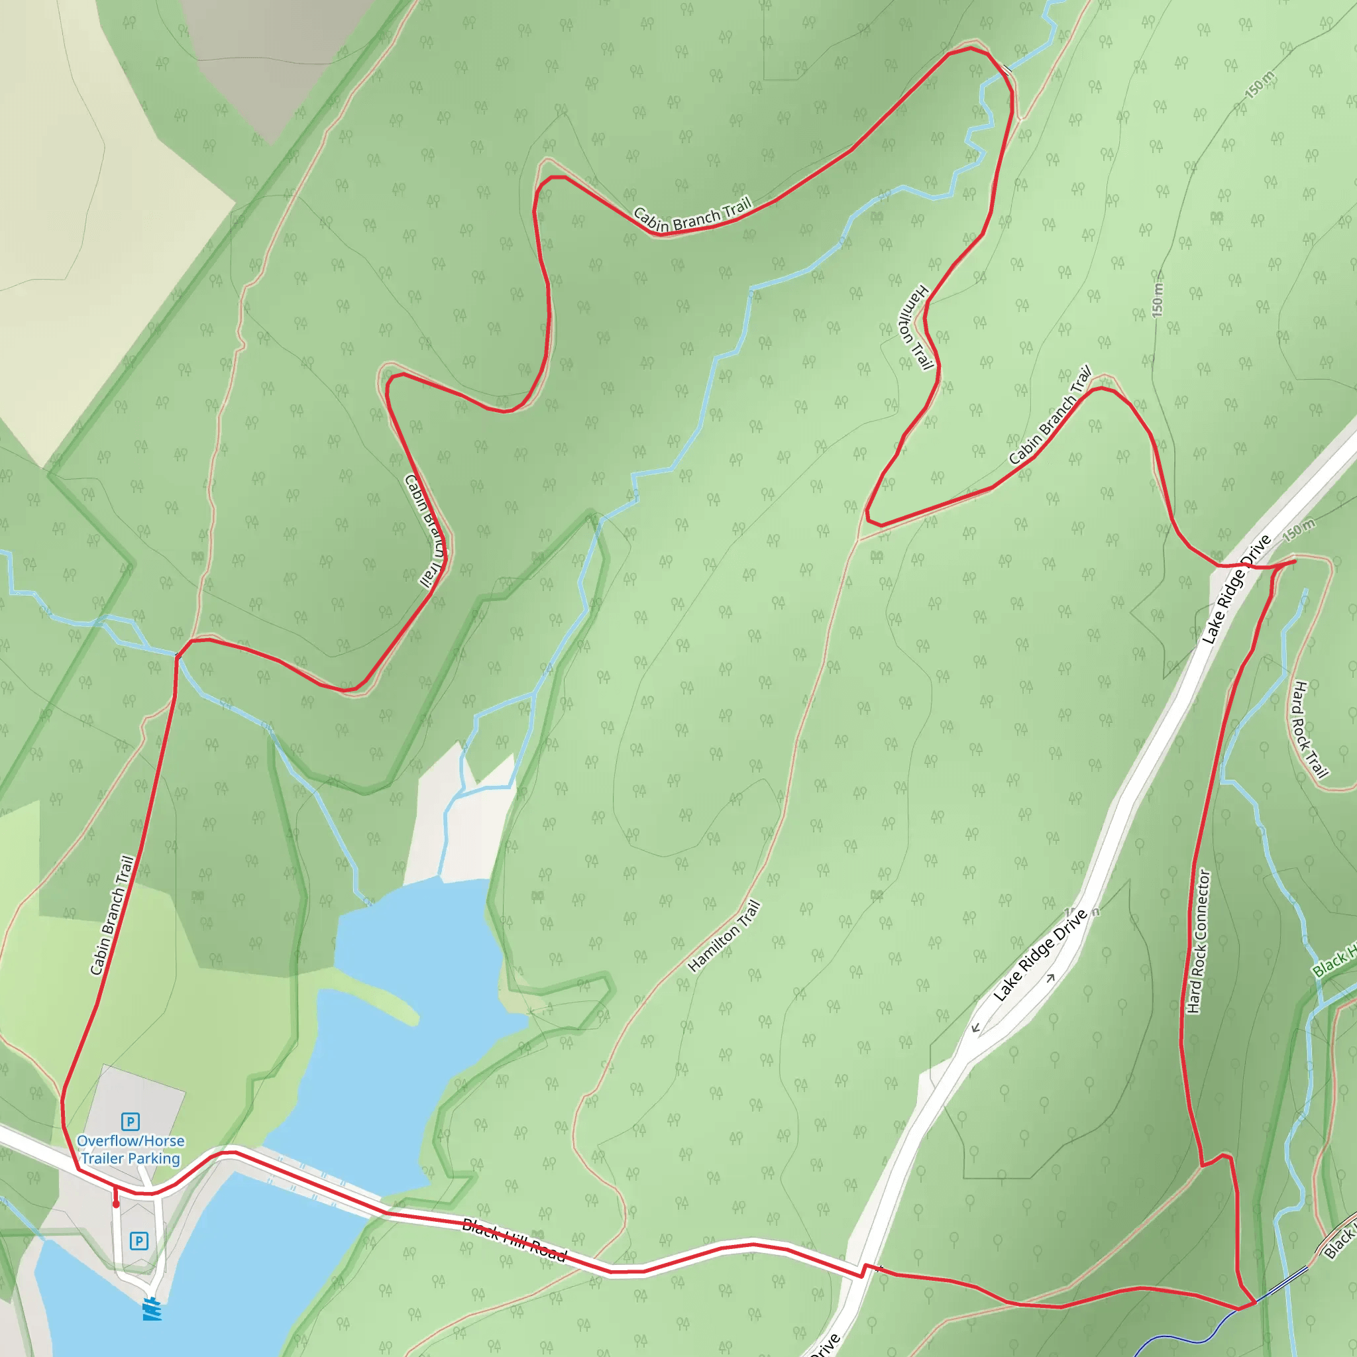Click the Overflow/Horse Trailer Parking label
pos(131,1150)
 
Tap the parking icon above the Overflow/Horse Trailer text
pos(130,1121)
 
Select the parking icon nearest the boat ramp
pos(139,1241)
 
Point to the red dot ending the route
pos(117,1204)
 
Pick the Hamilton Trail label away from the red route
pos(724,936)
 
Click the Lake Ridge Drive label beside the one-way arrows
pos(1040,955)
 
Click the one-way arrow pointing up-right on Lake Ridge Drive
pos(1051,978)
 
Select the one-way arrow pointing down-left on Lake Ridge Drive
pos(975,1028)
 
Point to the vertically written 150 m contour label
pos(1158,299)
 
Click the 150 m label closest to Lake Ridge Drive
pos(1299,529)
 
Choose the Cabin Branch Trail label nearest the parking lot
pos(113,914)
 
